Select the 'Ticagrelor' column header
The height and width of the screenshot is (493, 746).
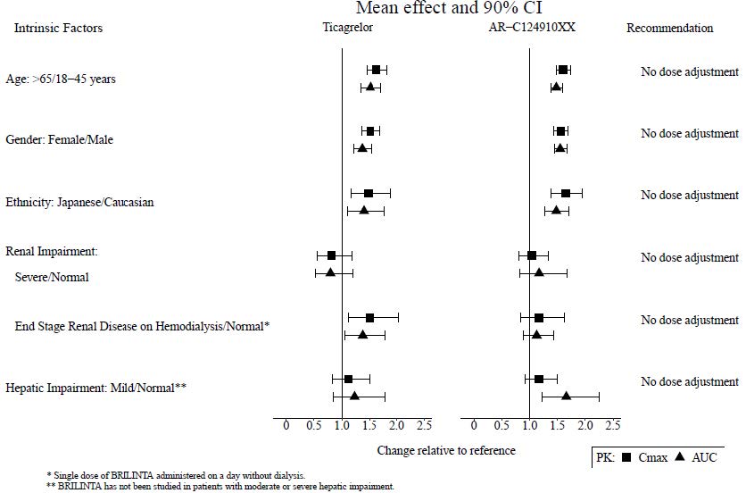348,28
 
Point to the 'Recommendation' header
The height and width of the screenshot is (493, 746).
669,28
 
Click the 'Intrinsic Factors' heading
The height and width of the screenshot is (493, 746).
58,28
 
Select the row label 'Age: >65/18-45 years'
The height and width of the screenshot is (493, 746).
61,79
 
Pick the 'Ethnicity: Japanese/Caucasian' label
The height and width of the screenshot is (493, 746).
79,202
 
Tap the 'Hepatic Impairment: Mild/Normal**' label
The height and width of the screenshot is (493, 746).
95,389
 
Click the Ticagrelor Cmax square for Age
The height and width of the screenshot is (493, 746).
376,70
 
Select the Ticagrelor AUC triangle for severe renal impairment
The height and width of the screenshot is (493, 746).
331,272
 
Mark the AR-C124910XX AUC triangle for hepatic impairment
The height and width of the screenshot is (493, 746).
566,395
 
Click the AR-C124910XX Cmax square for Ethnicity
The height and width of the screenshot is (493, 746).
566,193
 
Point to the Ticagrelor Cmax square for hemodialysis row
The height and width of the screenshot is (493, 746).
369,317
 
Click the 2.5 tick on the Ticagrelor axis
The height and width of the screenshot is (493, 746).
424,424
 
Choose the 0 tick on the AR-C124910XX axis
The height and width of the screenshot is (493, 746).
473,424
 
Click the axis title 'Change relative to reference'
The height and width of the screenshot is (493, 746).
446,450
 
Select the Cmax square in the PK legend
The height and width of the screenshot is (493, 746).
626,457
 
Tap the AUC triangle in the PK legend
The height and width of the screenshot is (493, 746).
680,457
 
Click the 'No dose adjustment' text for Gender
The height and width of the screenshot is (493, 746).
689,134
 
